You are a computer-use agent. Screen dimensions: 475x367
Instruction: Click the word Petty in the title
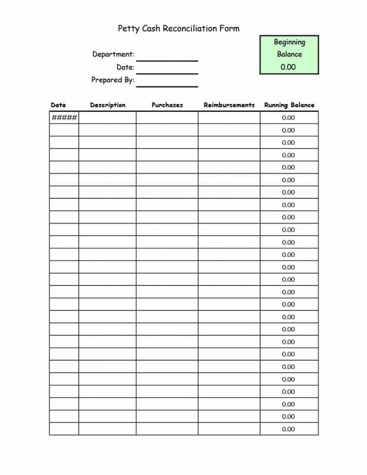coord(127,29)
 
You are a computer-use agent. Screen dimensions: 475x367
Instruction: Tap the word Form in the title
coord(230,29)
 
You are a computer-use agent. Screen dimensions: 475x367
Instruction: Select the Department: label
coord(113,54)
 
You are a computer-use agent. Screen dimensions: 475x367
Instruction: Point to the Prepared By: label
coord(113,80)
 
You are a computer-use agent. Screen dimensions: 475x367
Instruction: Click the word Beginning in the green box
coord(290,42)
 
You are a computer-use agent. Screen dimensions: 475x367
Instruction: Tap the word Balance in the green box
coord(290,54)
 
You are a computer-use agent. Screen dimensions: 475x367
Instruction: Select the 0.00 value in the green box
coord(288,67)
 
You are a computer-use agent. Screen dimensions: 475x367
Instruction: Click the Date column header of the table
coord(58,105)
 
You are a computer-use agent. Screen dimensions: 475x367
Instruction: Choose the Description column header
coord(108,105)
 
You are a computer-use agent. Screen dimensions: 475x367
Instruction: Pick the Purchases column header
coord(167,105)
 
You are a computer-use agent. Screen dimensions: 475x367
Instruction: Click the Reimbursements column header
coord(229,105)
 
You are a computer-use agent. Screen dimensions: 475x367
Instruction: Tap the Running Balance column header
coord(289,105)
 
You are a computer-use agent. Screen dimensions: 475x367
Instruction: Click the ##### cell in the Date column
coord(64,117)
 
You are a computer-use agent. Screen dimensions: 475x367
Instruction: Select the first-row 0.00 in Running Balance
coord(289,118)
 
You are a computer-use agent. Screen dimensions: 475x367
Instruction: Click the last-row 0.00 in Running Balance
coord(289,429)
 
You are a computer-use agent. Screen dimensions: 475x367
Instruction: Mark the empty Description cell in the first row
coord(107,117)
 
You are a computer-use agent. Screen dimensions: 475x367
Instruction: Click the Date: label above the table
coord(125,67)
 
